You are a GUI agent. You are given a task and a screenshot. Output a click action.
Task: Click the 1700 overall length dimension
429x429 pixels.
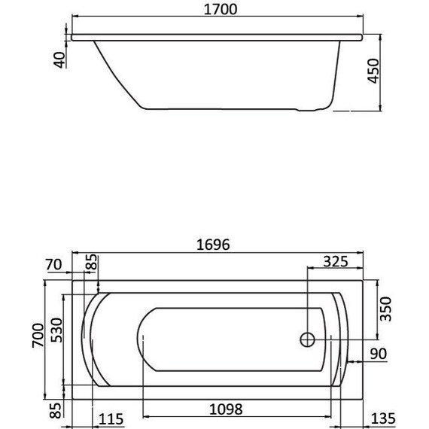(x=216, y=10)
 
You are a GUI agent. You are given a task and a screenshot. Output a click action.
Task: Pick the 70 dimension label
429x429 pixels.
(x=52, y=265)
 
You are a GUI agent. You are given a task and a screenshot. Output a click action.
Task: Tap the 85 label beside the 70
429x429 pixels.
(x=92, y=265)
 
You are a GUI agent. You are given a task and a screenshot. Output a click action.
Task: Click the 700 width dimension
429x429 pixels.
(x=36, y=340)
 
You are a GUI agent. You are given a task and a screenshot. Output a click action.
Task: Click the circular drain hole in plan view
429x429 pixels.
(x=307, y=339)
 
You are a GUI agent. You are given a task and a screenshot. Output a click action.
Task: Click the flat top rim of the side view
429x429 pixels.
(x=216, y=35)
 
